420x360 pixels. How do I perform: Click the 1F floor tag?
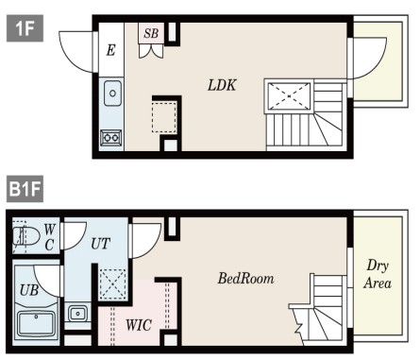point(25,28)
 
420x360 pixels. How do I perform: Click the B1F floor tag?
point(25,189)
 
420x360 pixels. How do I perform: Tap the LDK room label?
point(222,85)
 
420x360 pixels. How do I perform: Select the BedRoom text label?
point(246,279)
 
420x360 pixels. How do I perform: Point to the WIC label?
point(139,325)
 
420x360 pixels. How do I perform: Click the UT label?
point(100,244)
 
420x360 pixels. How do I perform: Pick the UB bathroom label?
point(29,290)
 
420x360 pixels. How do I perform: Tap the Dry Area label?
point(378,274)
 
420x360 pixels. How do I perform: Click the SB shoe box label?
point(151,33)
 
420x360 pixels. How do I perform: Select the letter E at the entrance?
point(110,50)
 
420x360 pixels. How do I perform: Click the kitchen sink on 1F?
point(112,94)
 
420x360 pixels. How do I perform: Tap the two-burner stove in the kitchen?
point(110,138)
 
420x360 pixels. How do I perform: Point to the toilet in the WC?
point(26,236)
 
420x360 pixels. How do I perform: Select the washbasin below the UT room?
point(77,313)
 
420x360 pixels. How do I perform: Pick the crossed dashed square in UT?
point(112,284)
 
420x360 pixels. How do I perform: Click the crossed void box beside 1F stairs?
point(289,95)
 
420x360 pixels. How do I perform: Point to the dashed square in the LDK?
point(164,116)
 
